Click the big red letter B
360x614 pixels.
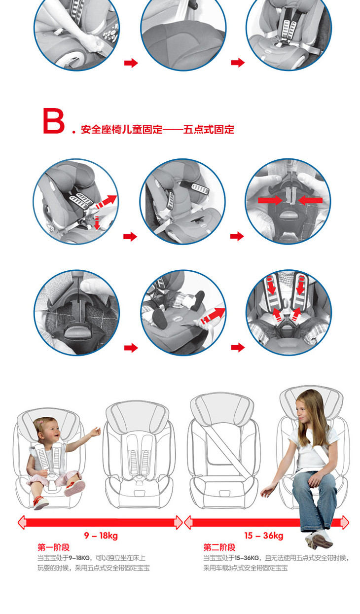[53, 121]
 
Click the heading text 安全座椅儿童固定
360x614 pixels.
[121, 129]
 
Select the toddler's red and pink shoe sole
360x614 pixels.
[74, 488]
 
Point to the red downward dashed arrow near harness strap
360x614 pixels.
[97, 223]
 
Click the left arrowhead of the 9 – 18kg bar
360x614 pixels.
[22, 522]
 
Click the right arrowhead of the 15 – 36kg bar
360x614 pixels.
[345, 522]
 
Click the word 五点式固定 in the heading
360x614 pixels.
[209, 129]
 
